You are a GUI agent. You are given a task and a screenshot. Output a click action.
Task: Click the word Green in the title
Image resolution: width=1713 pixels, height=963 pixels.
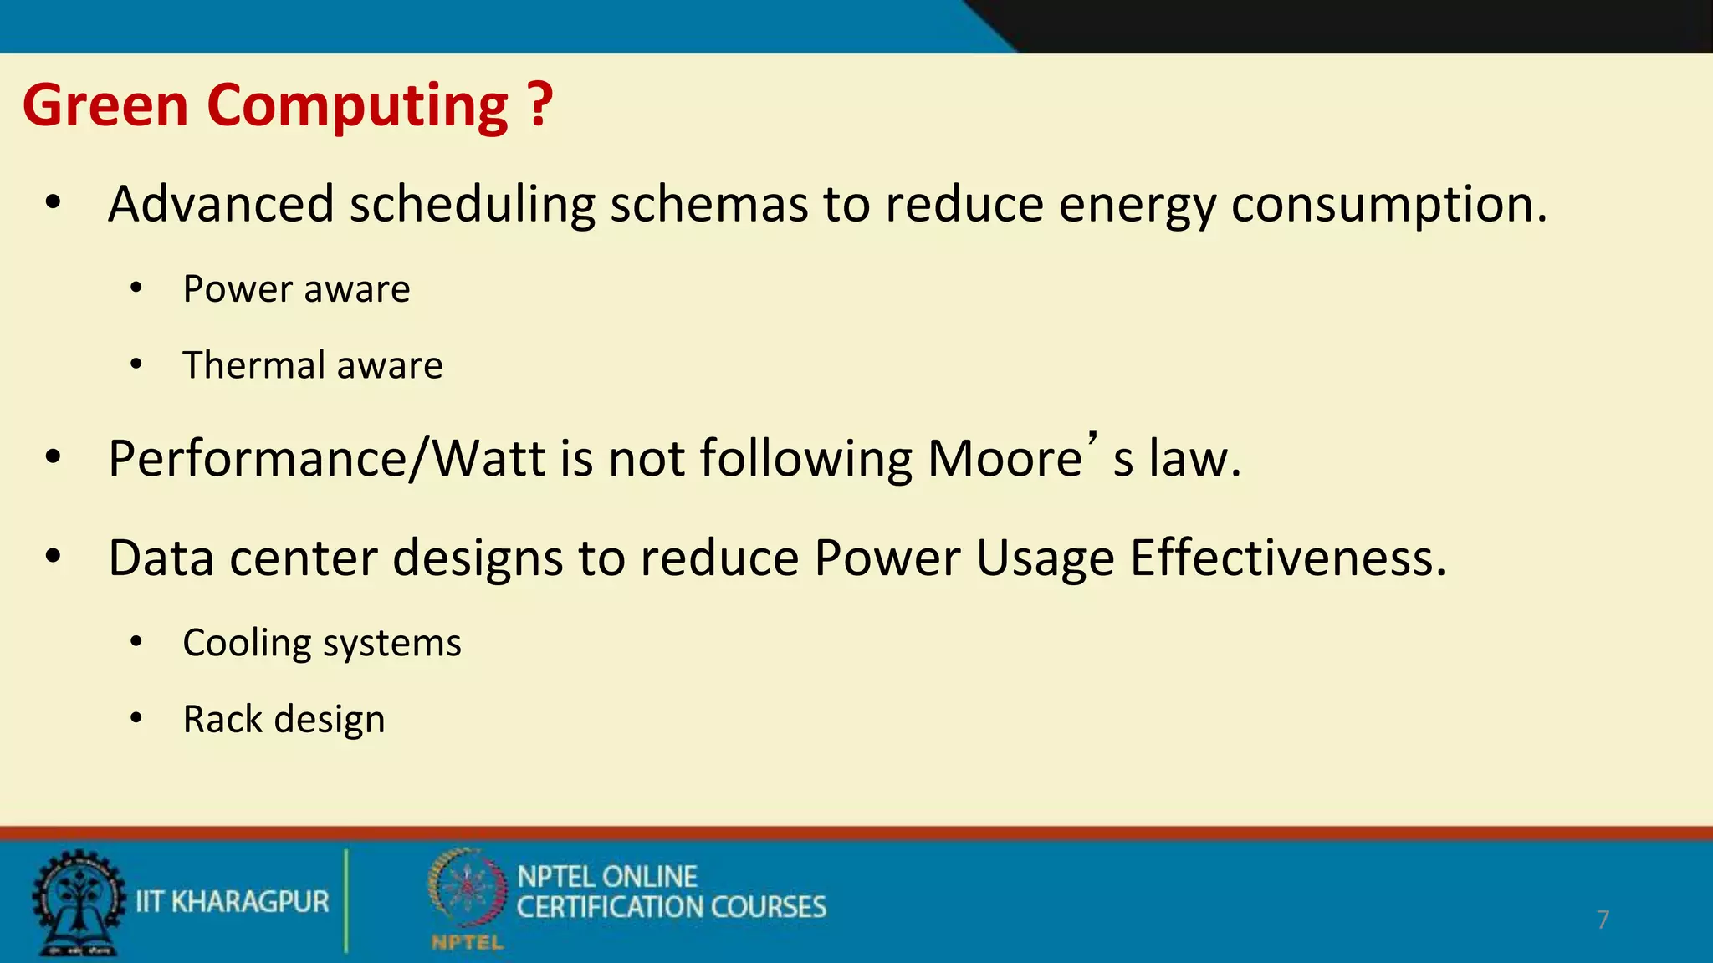106,105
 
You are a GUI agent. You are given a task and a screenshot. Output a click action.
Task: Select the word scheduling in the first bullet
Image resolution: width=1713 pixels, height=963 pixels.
472,204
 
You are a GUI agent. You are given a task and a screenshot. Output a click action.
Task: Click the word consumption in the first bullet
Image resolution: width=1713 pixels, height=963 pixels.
1388,206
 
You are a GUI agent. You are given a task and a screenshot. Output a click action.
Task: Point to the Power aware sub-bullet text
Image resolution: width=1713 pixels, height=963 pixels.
296,289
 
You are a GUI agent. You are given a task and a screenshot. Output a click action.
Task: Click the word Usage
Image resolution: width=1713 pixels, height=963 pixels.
1046,559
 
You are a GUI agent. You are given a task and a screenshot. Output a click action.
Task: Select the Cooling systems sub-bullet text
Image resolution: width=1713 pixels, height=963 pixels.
322,643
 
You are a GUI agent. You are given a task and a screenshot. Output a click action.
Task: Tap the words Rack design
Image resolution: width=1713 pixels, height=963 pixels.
284,720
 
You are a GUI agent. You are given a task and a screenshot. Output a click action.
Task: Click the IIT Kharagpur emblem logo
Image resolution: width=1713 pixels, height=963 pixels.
78,903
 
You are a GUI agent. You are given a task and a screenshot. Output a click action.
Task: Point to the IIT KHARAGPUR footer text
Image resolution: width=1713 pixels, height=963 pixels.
233,902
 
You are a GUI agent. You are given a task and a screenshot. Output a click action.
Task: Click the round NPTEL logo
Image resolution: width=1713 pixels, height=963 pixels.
467,889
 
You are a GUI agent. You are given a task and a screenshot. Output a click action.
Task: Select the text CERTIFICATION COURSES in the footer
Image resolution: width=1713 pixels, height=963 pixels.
671,908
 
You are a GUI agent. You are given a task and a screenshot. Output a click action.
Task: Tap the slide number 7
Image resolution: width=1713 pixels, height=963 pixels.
1602,920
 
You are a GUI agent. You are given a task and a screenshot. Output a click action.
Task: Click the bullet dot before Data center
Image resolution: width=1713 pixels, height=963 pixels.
54,557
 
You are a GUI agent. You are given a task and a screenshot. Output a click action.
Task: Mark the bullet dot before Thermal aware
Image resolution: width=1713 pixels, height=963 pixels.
136,364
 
